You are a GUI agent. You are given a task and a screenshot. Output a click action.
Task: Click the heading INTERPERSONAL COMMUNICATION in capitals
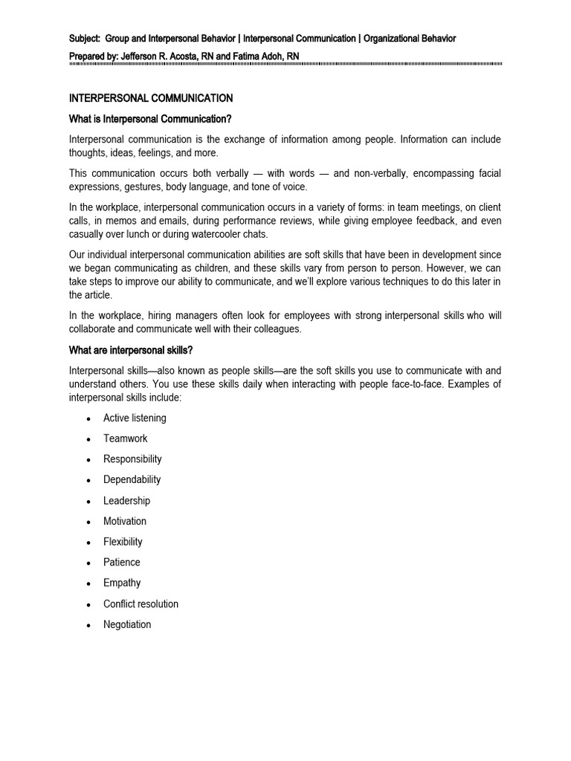[x=151, y=98]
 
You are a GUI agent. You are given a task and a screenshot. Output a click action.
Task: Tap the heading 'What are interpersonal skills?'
[x=131, y=350]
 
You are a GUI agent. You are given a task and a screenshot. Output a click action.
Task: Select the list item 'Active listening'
[x=135, y=418]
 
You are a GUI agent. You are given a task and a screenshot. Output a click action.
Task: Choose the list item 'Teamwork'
[x=125, y=438]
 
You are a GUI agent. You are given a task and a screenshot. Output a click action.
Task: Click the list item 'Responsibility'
[x=132, y=459]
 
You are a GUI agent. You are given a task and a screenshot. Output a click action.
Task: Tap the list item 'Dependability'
[x=132, y=479]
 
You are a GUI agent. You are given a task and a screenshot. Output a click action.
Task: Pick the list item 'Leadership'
[x=126, y=500]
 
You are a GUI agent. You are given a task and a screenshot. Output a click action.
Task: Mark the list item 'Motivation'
[x=125, y=521]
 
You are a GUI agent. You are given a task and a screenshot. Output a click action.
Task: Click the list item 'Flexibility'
[x=123, y=542]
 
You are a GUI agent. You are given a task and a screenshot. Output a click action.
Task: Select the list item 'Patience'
[x=121, y=562]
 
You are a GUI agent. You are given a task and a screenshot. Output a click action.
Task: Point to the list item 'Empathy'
[x=122, y=583]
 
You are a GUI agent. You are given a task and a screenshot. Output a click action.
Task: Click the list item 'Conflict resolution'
[x=141, y=603]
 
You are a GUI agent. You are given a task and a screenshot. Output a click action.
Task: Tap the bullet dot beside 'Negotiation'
[x=88, y=625]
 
